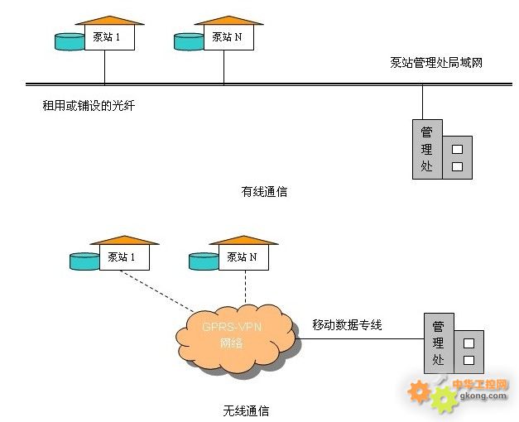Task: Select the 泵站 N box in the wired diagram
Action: [224, 37]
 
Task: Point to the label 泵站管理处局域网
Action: [435, 62]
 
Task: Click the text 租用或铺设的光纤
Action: [88, 105]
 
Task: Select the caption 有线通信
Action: [264, 191]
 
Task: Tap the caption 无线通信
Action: [246, 410]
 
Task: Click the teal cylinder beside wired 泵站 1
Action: [70, 41]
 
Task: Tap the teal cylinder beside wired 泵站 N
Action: [190, 41]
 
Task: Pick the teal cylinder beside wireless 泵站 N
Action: [204, 261]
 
